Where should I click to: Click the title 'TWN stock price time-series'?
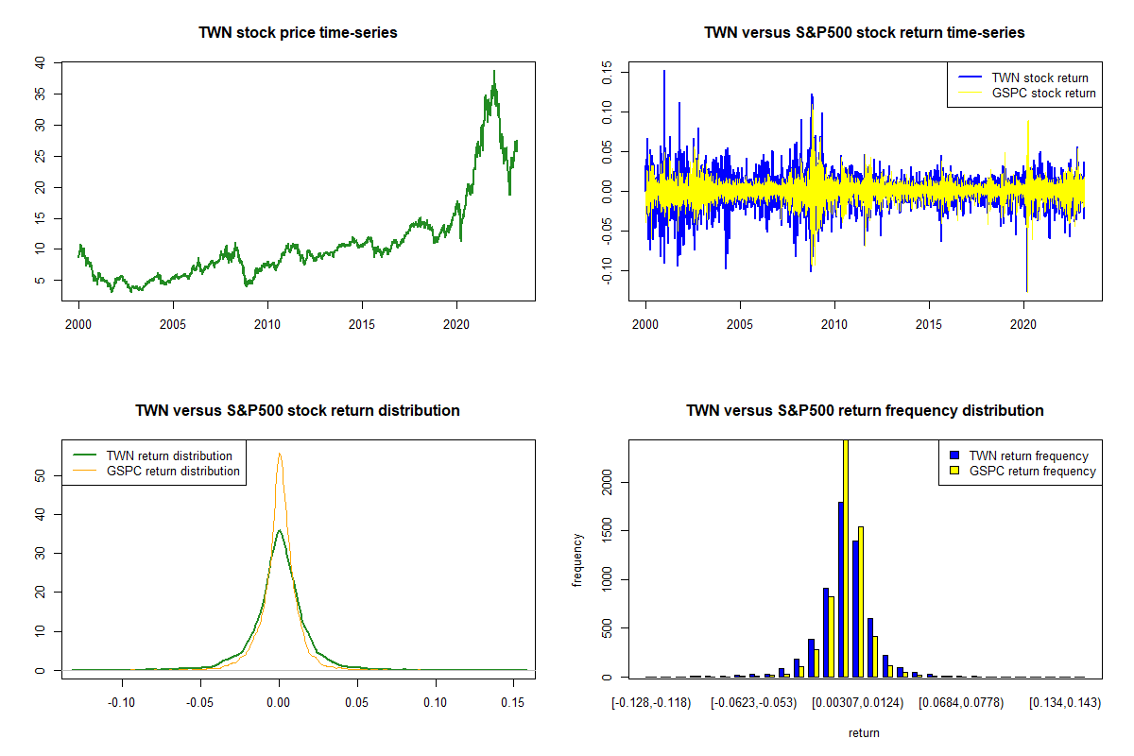[298, 33]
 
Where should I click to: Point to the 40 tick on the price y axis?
[39, 62]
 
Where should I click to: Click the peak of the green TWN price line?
[493, 71]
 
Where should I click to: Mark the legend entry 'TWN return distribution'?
[168, 455]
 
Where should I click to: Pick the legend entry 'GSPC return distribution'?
[173, 471]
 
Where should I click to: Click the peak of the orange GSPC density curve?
[279, 454]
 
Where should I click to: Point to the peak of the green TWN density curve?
[279, 530]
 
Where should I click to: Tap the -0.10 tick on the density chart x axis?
[121, 702]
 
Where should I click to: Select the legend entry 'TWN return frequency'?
[1028, 455]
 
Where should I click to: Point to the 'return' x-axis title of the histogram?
[864, 732]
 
